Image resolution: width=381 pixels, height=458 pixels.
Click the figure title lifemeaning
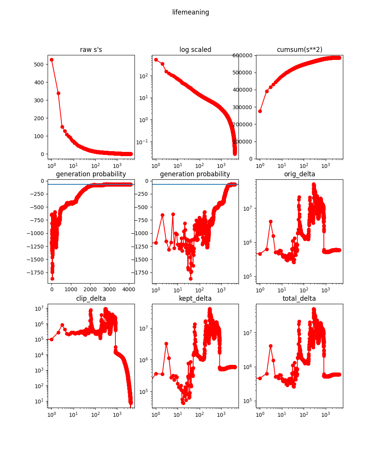coord(190,12)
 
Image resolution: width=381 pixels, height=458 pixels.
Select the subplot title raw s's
coord(91,50)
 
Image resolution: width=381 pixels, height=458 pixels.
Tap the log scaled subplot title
coord(195,50)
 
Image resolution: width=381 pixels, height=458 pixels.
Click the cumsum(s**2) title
coord(299,50)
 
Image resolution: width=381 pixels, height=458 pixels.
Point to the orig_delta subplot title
coord(299,174)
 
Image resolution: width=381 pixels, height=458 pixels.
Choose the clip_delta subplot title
coord(91,298)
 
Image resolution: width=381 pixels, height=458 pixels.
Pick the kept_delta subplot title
coord(195,298)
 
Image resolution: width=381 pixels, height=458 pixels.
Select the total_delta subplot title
coord(299,298)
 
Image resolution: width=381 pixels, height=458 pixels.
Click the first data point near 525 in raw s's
coord(51,60)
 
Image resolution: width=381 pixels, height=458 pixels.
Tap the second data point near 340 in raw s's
coord(58,93)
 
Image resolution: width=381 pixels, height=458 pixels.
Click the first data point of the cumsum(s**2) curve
coord(260,111)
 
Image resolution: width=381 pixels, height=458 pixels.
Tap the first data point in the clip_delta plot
coord(51,339)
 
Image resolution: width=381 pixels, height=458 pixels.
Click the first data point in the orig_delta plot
coord(260,254)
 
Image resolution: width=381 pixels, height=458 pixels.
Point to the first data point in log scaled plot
coord(156,60)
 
